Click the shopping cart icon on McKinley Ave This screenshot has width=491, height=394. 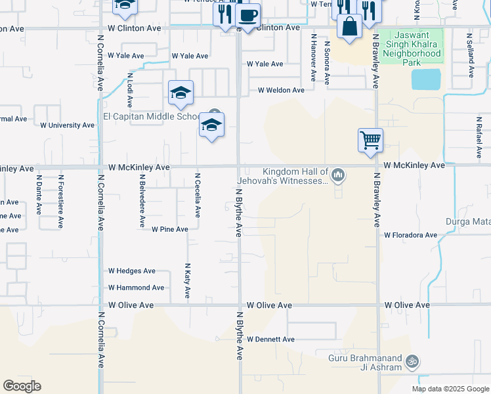coord(370,140)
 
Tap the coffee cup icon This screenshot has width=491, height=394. coord(247,16)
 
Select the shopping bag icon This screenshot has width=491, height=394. coord(350,27)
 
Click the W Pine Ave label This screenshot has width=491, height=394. coord(170,229)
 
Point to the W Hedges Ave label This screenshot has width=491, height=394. coord(132,271)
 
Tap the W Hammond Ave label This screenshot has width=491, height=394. coord(137,288)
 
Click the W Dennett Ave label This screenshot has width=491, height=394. coord(270,339)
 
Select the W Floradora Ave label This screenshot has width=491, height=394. coord(410,234)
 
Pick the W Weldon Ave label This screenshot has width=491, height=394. coord(281,90)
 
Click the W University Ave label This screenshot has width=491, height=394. coord(68,125)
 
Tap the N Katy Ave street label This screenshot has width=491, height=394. coord(187,282)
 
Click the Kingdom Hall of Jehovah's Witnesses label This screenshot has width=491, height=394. coord(295,175)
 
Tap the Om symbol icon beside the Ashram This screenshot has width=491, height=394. coord(412,361)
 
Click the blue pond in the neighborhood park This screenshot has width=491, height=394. coord(426,79)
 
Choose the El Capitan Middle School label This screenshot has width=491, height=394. coord(151,117)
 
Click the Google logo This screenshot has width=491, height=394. coord(22,386)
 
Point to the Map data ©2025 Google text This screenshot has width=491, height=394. coord(450,389)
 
